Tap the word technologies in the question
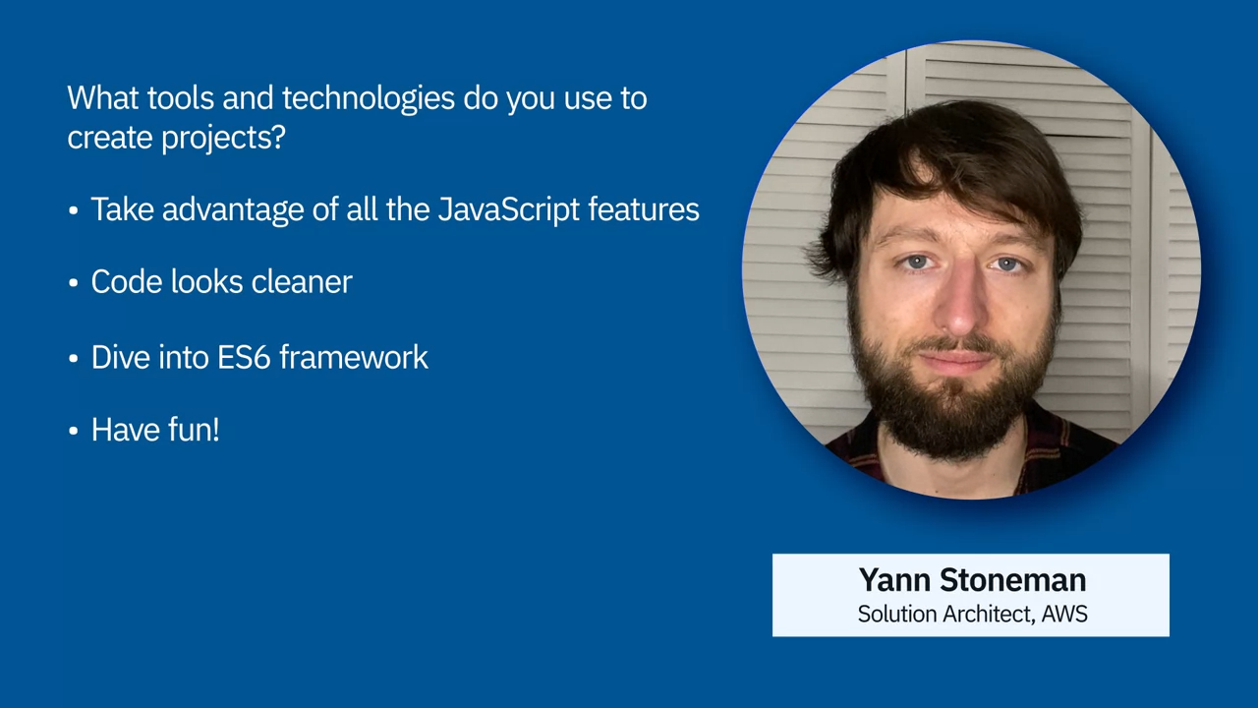[368, 99]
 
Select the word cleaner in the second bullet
[302, 281]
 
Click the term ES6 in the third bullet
[244, 357]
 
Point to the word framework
[354, 357]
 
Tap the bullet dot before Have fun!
[73, 431]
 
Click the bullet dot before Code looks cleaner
[73, 282]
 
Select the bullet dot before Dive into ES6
[73, 358]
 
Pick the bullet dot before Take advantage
[73, 210]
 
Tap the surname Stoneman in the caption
[1013, 580]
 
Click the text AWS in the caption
[1064, 615]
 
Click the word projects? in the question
[223, 139]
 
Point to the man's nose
[961, 306]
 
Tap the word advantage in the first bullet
[233, 210]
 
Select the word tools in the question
[180, 98]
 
